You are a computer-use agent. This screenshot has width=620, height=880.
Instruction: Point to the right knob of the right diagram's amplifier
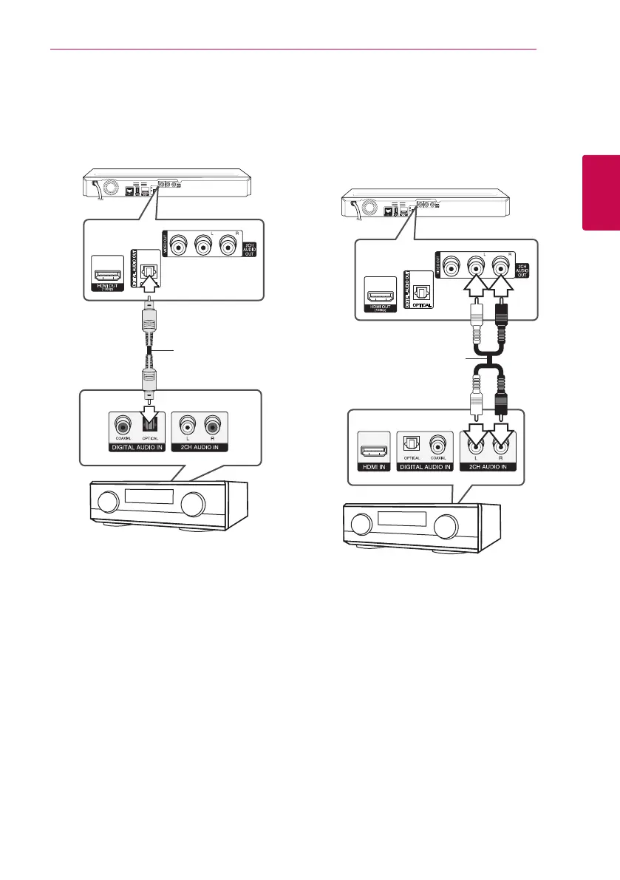coord(446,526)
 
